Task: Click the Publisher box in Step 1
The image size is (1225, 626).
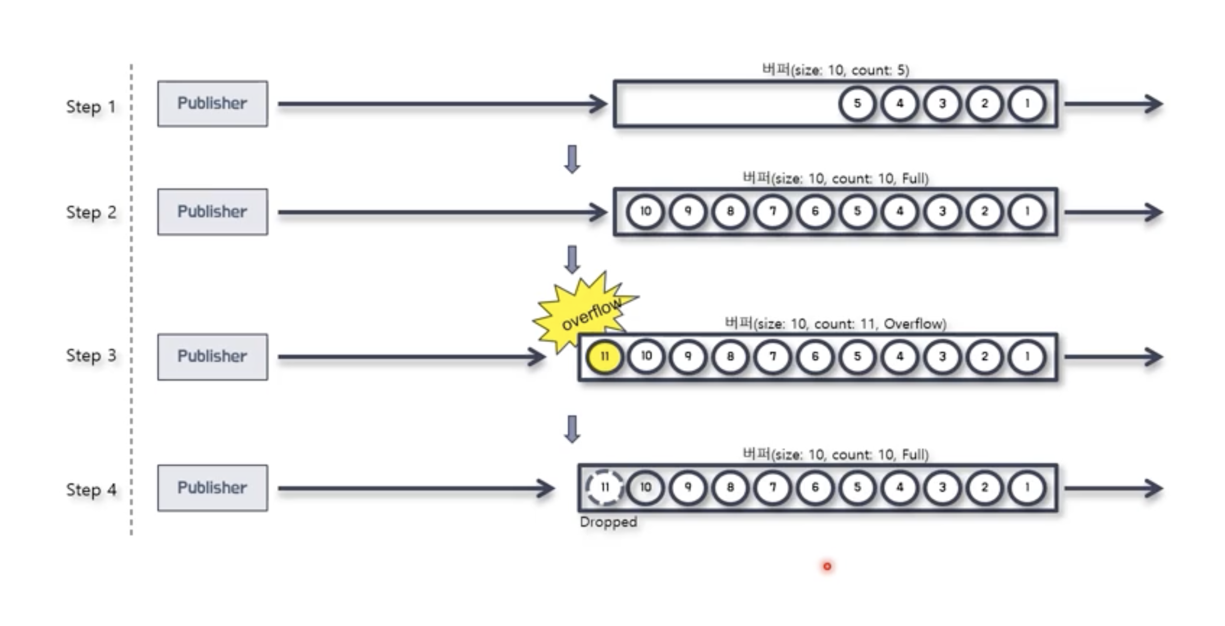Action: (212, 103)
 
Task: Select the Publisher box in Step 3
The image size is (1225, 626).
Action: (212, 357)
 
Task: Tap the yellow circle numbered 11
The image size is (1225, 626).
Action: (604, 357)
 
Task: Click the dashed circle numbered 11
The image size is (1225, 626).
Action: (604, 488)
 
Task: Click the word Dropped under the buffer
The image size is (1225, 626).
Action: (608, 522)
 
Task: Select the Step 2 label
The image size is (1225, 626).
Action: (91, 212)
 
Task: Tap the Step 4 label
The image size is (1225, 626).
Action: (91, 490)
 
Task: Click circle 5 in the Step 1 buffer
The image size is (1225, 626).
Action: (857, 103)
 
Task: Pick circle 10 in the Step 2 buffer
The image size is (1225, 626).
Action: (645, 211)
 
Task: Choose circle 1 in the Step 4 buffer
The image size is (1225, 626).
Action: (1027, 488)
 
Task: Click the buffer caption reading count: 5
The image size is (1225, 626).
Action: (836, 70)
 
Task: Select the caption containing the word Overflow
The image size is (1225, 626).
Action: (836, 324)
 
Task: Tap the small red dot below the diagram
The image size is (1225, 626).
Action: (827, 566)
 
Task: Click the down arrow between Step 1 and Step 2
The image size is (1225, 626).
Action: (572, 159)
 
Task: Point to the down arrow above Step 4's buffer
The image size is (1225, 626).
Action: (572, 429)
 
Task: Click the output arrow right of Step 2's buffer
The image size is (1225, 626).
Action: (1113, 212)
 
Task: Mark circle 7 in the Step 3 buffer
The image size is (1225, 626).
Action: (772, 357)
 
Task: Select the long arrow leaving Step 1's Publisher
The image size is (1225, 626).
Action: (442, 104)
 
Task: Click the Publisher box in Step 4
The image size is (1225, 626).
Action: (212, 488)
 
